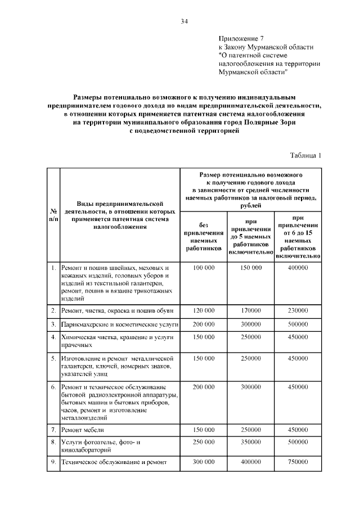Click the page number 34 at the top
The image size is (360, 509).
click(184, 21)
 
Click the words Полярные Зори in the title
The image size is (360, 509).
click(272, 121)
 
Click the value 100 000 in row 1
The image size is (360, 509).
click(204, 268)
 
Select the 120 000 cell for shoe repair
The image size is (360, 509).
click(204, 310)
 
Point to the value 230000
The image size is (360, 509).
click(298, 310)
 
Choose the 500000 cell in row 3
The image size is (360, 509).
click(298, 325)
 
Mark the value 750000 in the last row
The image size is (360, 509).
click(298, 462)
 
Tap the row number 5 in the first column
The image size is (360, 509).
click(53, 358)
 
